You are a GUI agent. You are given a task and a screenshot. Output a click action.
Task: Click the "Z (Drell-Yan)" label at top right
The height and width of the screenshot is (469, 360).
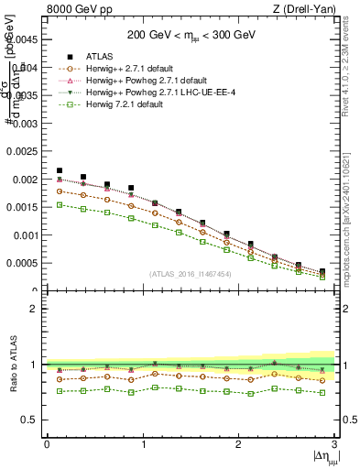pos(307,10)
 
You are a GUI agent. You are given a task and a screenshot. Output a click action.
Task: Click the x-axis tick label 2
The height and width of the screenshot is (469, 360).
pos(238,444)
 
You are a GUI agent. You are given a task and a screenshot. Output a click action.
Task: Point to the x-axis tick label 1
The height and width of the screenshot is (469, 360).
pos(142,444)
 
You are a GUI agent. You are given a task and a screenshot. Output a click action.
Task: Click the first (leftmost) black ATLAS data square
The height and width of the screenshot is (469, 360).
pos(60,170)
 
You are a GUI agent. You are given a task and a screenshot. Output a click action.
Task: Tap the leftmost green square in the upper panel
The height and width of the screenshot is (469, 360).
pos(60,205)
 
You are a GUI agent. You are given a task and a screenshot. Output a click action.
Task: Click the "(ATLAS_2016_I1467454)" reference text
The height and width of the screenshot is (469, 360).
pos(191,274)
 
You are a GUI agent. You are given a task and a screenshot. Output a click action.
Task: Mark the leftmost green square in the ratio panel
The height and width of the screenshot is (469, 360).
pos(60,391)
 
